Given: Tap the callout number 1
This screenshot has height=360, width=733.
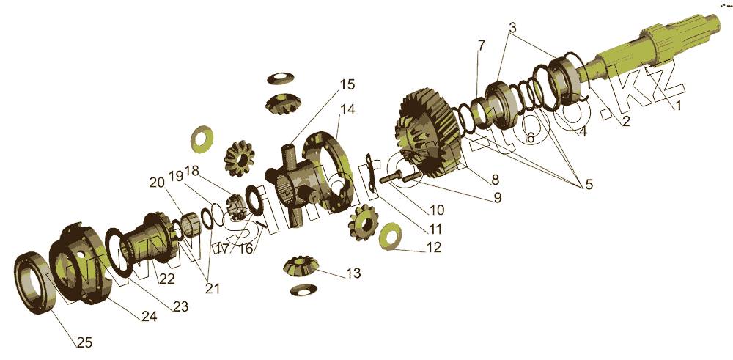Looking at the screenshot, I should point(677,105).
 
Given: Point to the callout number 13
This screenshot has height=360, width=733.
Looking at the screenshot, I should point(353,273).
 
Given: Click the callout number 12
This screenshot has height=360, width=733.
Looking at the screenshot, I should point(433,248).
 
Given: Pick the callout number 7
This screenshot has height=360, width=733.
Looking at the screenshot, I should point(481,45).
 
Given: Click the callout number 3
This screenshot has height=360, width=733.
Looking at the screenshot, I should point(514,29).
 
